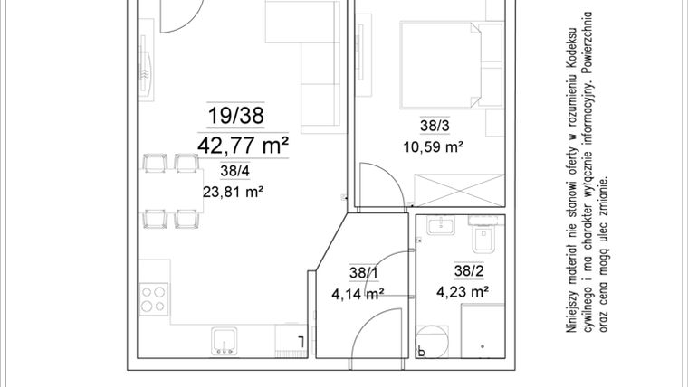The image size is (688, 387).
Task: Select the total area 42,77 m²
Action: [x=243, y=144]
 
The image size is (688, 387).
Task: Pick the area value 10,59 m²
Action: [x=433, y=146]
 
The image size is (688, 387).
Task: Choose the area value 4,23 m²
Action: [x=463, y=291]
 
